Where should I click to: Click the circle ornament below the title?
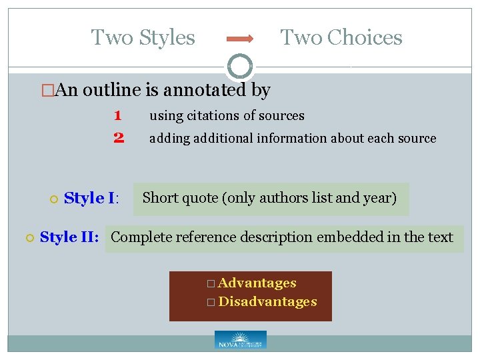click(240, 66)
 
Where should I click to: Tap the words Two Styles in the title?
click(143, 37)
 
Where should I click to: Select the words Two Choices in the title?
click(341, 37)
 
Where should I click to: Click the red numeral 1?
click(117, 115)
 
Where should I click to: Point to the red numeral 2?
click(119, 138)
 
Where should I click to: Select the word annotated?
click(201, 89)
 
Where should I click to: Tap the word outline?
click(113, 89)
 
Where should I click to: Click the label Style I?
click(91, 198)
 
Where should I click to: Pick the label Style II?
click(70, 237)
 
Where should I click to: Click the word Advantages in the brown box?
click(257, 283)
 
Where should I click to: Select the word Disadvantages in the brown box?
click(267, 302)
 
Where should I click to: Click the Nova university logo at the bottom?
click(240, 340)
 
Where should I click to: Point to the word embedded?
click(347, 237)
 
